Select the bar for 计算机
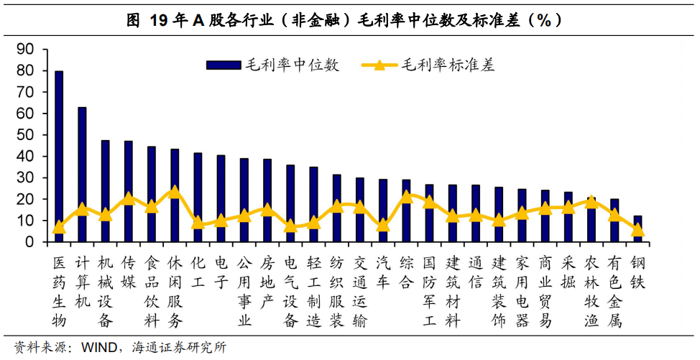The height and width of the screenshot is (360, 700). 82,172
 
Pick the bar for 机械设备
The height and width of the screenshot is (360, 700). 105,190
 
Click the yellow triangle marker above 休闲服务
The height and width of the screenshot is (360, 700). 175,192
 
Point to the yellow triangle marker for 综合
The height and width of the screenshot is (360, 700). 406,195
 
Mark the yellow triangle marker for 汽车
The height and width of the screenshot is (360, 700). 383,224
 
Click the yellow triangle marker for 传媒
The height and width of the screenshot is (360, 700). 129,198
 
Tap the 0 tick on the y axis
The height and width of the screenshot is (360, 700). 29,242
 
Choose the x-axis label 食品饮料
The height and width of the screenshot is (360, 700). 152,291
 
